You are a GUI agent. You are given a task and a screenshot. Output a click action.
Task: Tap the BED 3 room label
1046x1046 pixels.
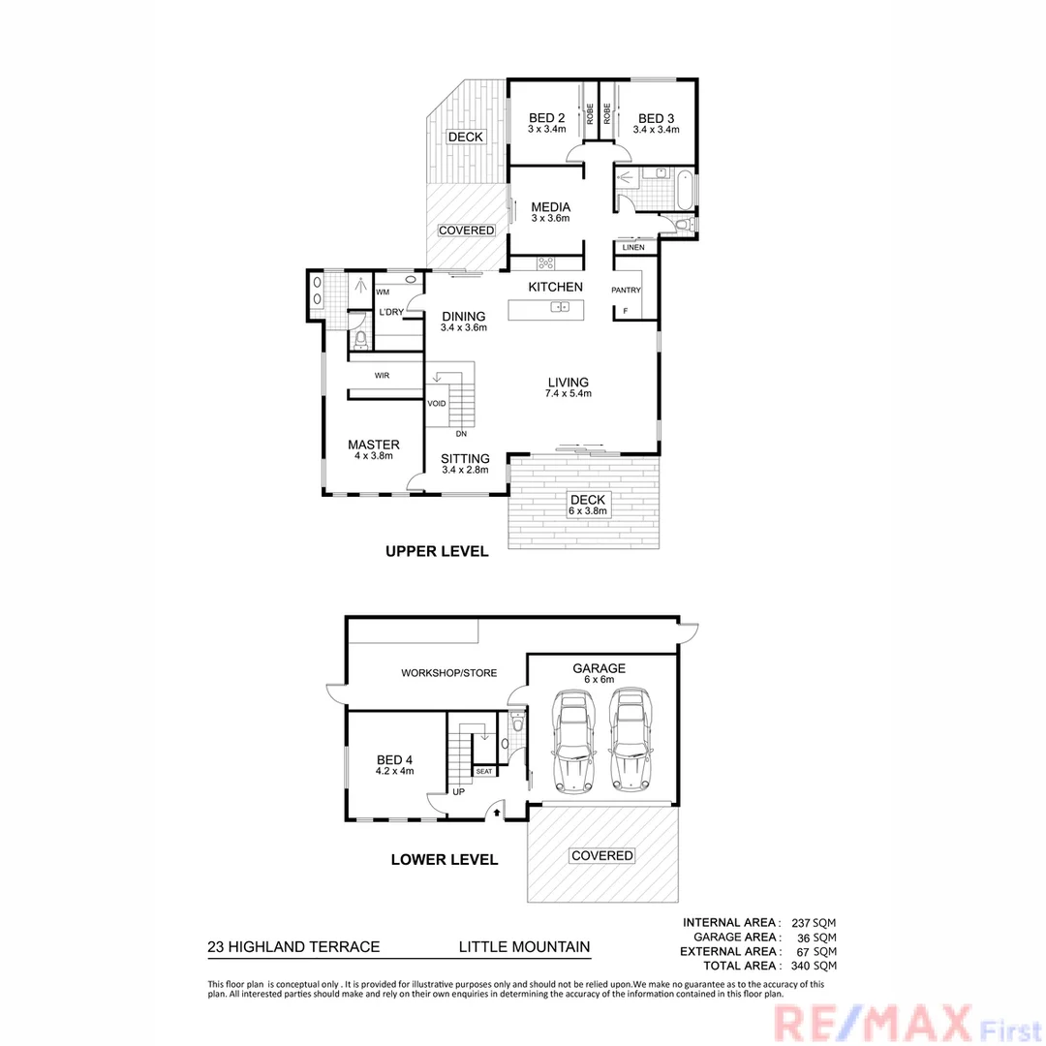pos(656,118)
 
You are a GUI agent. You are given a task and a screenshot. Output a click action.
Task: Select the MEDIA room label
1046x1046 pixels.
pos(550,207)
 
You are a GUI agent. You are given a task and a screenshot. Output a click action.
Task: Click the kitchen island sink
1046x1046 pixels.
pos(560,307)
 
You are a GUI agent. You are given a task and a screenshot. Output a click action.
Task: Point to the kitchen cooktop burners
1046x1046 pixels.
pos(546,261)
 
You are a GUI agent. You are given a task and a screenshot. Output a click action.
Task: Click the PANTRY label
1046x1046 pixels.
pos(626,290)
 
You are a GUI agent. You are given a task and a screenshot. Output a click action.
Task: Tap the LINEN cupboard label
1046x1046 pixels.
pos(634,248)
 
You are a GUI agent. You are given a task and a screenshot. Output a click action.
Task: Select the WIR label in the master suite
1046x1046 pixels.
pos(382,375)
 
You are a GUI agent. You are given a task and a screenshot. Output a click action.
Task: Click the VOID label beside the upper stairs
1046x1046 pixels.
pos(436,403)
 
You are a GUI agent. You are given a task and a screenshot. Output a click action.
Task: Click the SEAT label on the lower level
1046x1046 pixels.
pos(483,771)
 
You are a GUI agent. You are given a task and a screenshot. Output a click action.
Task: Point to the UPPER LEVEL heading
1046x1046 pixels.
pos(437,552)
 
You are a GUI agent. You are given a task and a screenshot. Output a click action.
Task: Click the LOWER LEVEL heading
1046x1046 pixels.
pos(444,859)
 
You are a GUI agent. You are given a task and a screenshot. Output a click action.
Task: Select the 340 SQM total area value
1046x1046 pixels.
pos(813,966)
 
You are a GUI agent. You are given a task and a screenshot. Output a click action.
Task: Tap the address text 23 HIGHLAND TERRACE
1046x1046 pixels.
pos(293,948)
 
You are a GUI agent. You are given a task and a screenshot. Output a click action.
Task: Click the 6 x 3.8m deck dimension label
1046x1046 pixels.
pos(587,511)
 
